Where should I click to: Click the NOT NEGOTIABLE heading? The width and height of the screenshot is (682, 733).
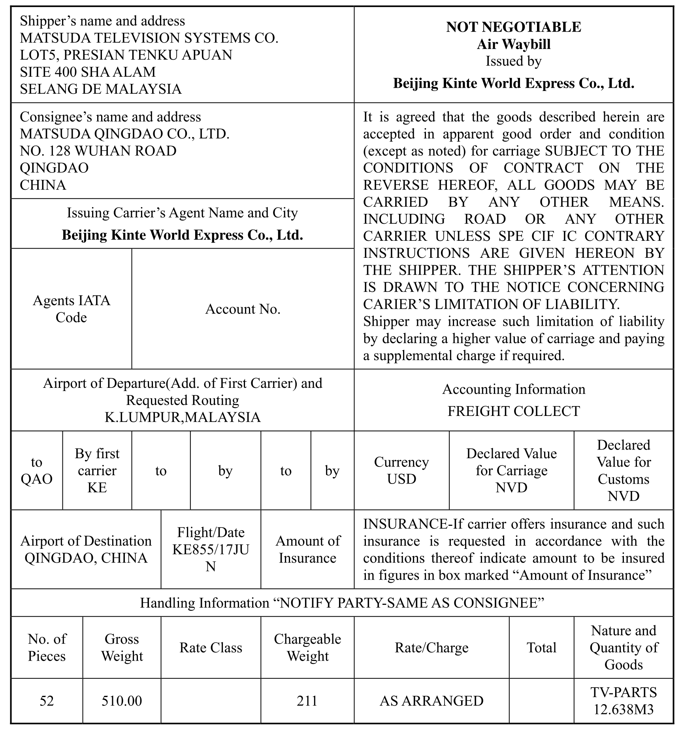click(x=513, y=27)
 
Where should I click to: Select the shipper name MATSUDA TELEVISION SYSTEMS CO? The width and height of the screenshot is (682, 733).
click(x=149, y=38)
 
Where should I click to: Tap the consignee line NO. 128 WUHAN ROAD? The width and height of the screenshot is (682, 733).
click(x=98, y=151)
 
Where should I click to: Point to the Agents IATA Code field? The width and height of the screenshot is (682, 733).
click(x=71, y=309)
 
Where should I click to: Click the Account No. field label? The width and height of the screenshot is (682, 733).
click(x=243, y=309)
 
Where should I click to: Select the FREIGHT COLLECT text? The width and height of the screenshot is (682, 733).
click(x=513, y=411)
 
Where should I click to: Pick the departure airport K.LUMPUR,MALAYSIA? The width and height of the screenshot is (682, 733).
click(x=183, y=417)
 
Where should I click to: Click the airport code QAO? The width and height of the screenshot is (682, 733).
click(x=36, y=479)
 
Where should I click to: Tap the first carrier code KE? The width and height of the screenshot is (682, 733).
click(x=97, y=487)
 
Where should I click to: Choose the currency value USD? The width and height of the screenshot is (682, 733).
click(x=401, y=479)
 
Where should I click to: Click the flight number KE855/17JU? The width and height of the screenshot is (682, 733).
click(x=211, y=550)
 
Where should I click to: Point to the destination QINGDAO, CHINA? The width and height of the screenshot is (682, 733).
click(x=86, y=558)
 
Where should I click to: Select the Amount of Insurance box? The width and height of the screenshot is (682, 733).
click(x=307, y=550)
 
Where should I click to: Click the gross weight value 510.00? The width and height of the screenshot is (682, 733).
click(x=122, y=701)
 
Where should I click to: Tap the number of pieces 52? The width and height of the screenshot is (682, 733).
click(x=47, y=701)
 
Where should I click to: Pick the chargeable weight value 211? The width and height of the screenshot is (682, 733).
click(x=307, y=701)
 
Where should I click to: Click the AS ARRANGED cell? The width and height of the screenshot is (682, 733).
click(x=431, y=701)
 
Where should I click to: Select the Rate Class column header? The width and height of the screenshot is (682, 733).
click(x=211, y=648)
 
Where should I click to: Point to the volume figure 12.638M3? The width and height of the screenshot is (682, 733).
click(x=624, y=710)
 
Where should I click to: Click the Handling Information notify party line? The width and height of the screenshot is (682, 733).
click(x=342, y=603)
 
